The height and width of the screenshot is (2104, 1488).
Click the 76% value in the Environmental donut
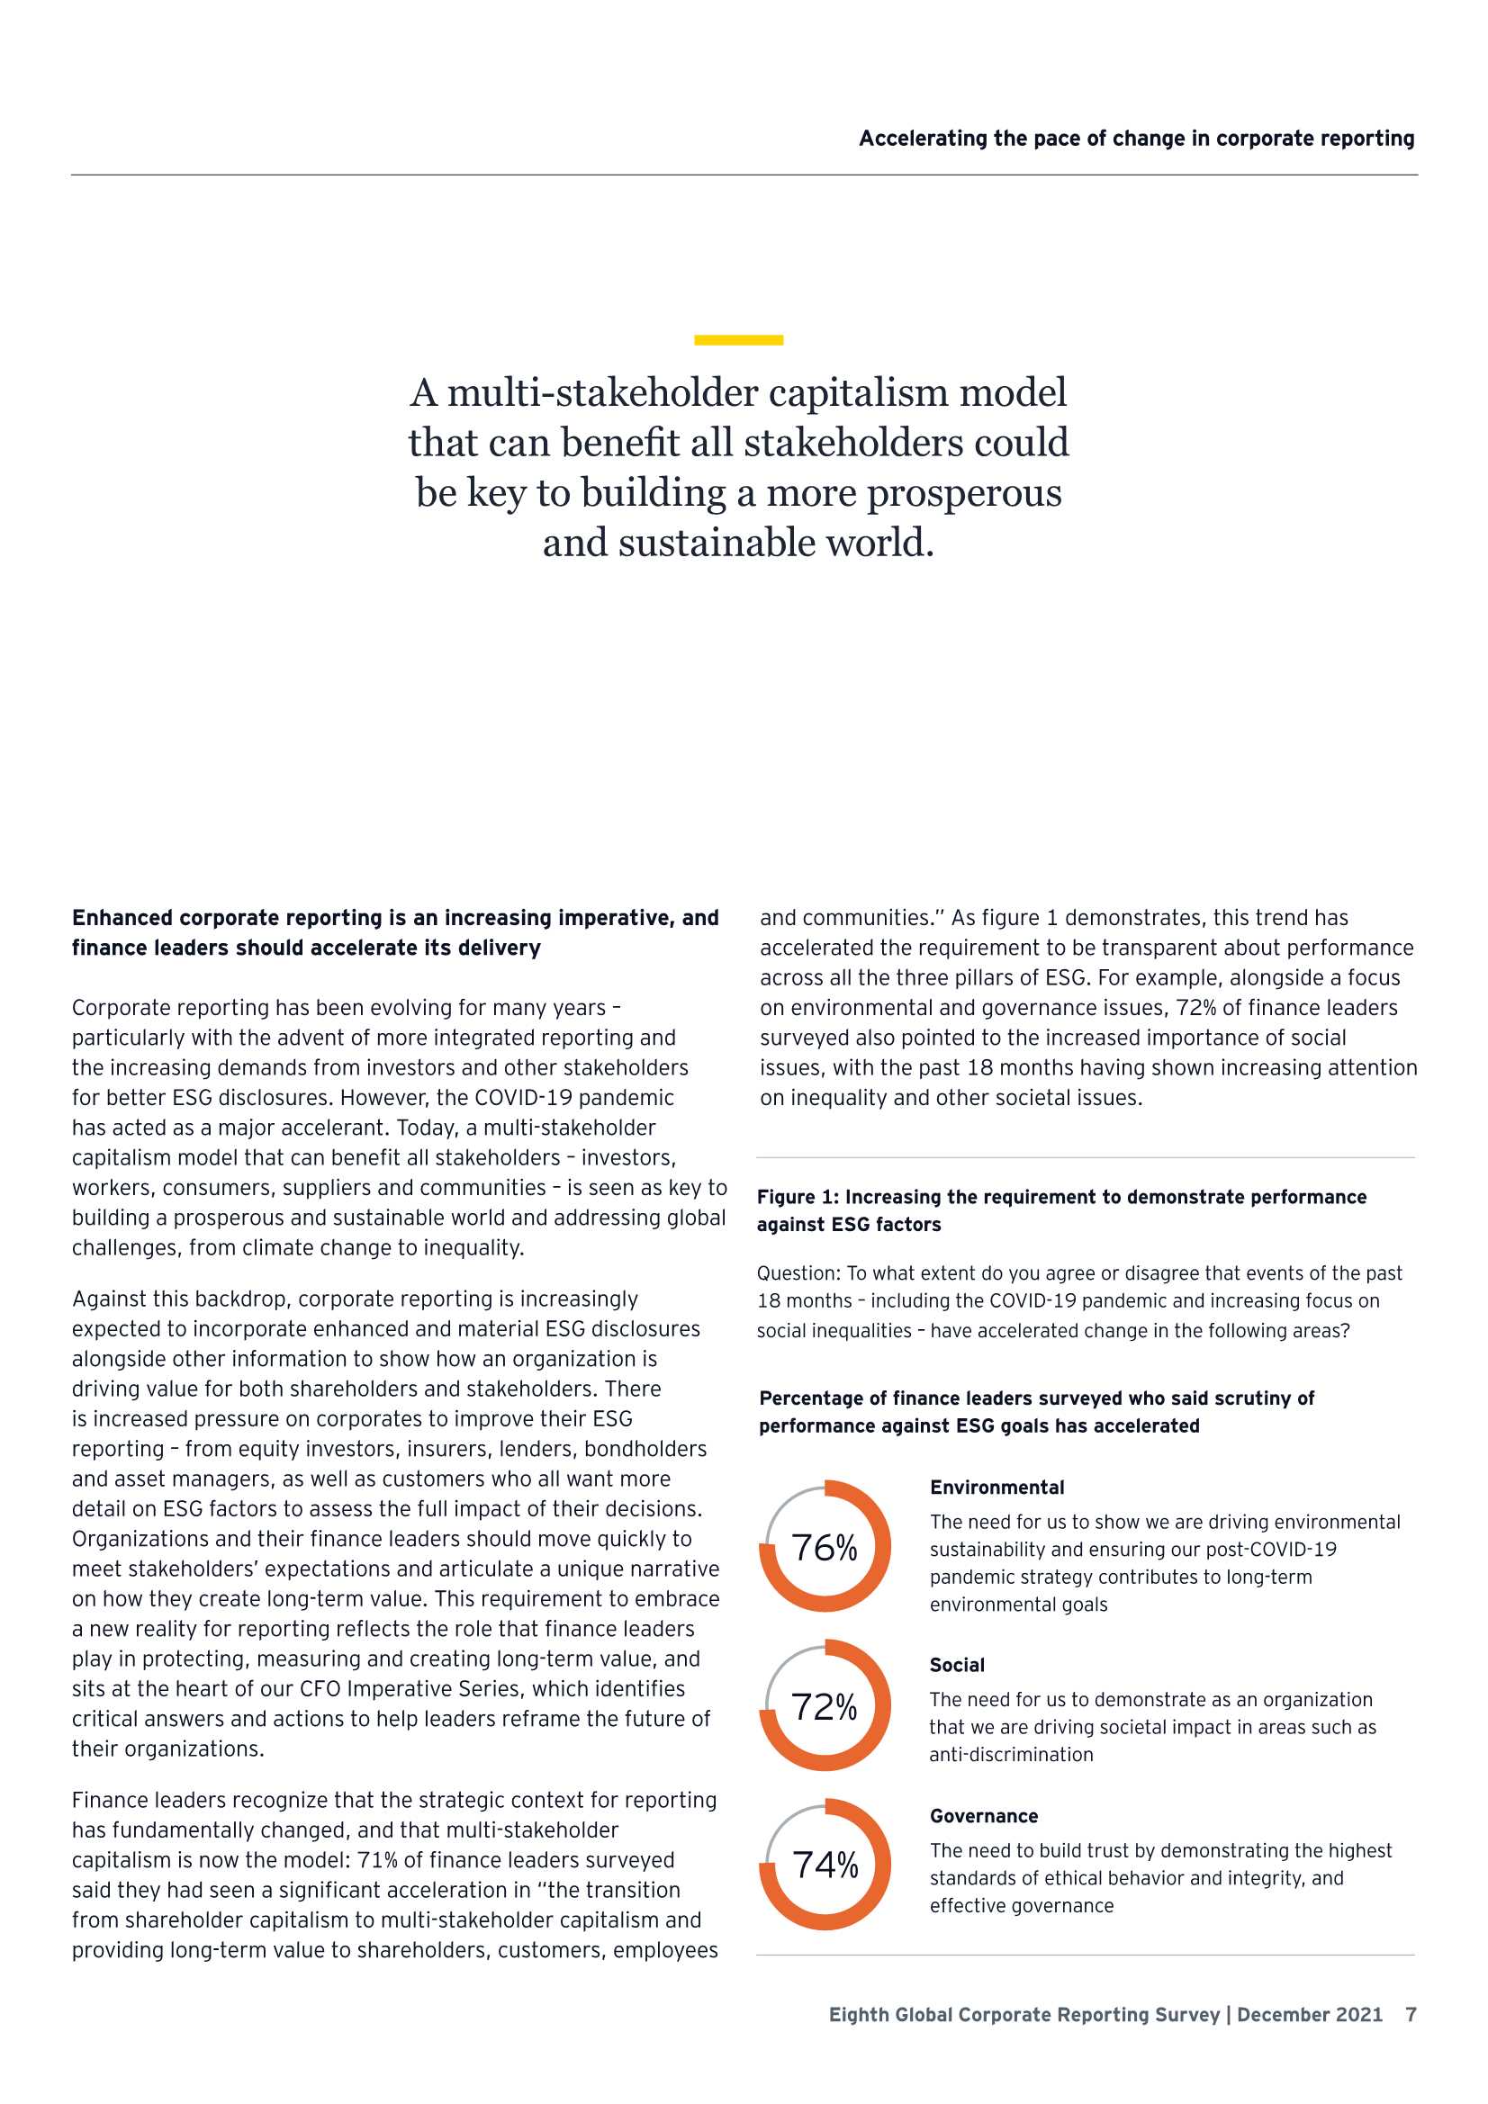pos(825,1549)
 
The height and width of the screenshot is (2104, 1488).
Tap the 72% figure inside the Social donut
pos(825,1707)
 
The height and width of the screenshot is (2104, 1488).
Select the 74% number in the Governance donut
pos(825,1865)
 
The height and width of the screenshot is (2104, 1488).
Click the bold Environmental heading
pos(997,1488)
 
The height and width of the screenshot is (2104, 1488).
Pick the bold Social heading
pos(956,1665)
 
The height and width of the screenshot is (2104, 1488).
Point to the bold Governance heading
pos(984,1816)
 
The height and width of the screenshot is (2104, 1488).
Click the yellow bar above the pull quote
pos(738,340)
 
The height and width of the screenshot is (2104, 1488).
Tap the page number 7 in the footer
pos(1411,2014)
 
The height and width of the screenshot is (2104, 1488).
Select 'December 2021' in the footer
pos(1309,2014)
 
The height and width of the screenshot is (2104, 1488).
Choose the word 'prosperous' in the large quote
pos(963,493)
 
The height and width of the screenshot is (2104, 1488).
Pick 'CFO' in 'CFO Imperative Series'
pos(320,1688)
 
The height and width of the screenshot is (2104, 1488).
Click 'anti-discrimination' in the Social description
pos(1011,1754)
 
